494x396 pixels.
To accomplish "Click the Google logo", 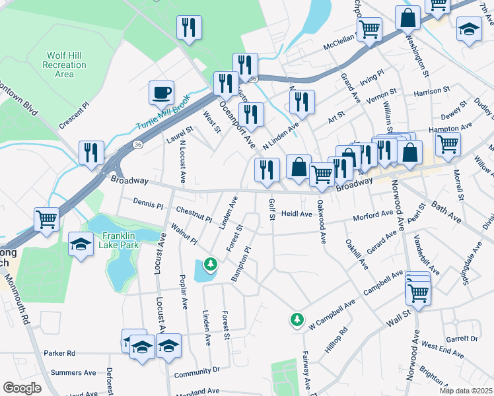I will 22,388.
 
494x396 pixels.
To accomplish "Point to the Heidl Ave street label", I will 297,214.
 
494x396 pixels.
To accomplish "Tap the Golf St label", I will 271,211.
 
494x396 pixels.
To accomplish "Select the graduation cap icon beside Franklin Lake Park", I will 81,244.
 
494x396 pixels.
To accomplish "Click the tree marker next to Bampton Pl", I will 211,265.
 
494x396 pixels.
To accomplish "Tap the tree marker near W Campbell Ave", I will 297,320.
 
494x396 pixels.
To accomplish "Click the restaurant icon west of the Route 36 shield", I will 91,152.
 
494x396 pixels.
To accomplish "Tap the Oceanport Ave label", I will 237,123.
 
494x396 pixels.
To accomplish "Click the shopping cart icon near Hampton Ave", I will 448,143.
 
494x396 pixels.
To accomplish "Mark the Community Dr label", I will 197,374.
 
